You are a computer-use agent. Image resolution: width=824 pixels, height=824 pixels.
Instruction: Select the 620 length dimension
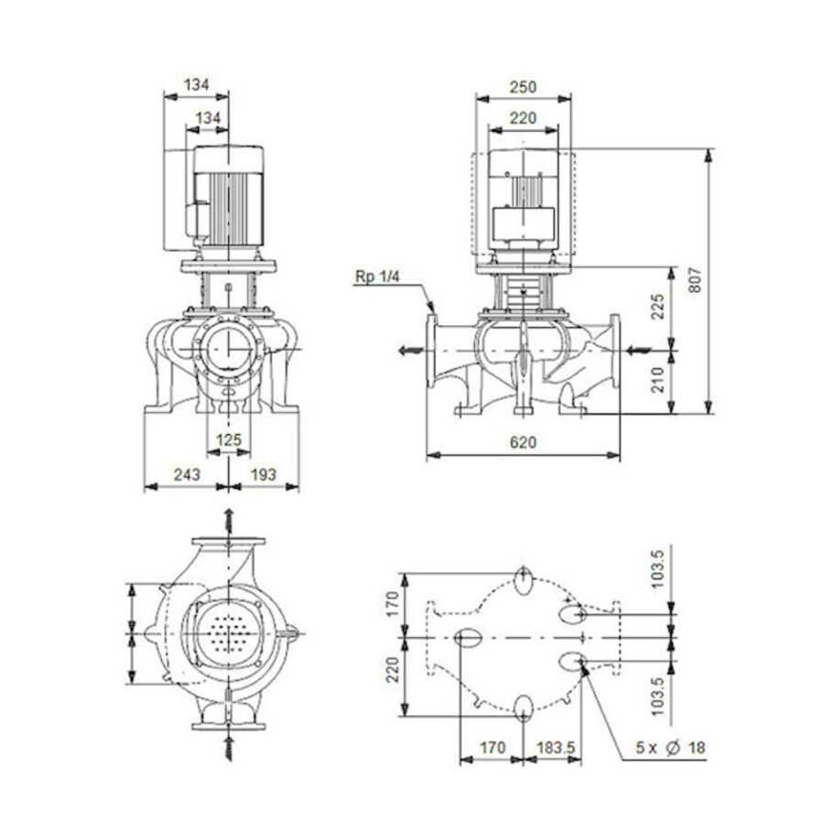coord(523,442)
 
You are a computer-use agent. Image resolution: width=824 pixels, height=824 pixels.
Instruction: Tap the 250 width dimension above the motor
coord(522,87)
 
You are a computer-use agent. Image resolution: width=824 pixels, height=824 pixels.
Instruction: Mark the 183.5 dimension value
coord(556,748)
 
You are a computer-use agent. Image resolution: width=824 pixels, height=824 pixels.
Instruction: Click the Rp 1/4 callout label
coord(375,276)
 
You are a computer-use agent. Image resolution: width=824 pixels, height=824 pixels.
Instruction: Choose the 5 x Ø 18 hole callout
coord(671,748)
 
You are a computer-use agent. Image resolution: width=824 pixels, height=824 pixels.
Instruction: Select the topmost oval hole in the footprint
coord(524,579)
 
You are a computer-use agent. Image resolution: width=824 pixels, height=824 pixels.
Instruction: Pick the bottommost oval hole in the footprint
coord(524,707)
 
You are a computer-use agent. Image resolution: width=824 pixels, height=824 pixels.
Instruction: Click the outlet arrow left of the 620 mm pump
coord(408,349)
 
